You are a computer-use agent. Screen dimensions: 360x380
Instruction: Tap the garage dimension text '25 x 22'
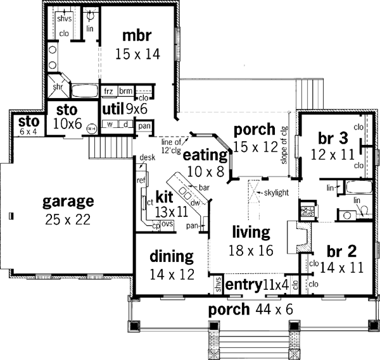[x=68, y=220]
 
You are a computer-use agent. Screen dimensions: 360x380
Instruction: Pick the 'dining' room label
[x=171, y=256]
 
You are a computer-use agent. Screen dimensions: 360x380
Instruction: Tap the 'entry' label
[x=243, y=285]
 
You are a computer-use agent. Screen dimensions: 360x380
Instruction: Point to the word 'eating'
[x=205, y=154]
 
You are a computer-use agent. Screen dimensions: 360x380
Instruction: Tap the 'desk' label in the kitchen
[x=148, y=157]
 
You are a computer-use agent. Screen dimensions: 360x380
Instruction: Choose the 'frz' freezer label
[x=108, y=91]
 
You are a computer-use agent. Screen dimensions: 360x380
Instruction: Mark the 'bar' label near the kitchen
[x=204, y=188]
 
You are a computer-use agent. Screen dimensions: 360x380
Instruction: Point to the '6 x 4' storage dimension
[x=28, y=131]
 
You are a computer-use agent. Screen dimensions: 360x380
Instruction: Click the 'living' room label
[x=252, y=232]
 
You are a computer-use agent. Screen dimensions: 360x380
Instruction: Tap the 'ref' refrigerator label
[x=141, y=180]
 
